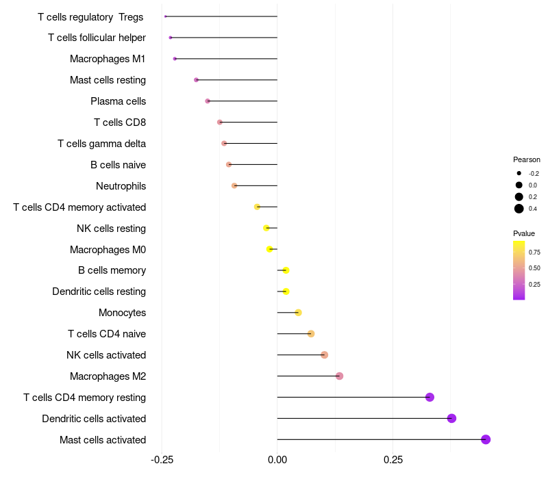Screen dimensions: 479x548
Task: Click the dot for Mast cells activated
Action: click(486, 439)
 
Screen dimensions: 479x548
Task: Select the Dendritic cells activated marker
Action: click(451, 418)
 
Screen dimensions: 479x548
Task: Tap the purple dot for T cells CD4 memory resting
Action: click(429, 397)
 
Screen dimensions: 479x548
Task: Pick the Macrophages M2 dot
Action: click(339, 376)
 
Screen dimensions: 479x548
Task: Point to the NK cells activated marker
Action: click(324, 354)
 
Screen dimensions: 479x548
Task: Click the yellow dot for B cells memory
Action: click(286, 270)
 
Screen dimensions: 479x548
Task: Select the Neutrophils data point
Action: click(234, 185)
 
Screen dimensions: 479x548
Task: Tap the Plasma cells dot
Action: click(208, 101)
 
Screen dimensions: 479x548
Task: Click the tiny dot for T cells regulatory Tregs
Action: click(166, 16)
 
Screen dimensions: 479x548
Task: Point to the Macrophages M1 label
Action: click(108, 59)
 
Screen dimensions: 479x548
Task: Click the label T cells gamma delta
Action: click(101, 144)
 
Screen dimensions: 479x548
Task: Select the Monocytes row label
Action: click(122, 313)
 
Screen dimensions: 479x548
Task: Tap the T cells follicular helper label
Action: click(97, 38)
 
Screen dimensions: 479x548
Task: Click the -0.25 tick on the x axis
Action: click(162, 461)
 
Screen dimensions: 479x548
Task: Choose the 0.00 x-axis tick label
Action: click(277, 461)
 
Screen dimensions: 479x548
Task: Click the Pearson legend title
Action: click(527, 159)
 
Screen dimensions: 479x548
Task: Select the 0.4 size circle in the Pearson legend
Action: click(519, 209)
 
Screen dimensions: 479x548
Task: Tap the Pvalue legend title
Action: click(524, 233)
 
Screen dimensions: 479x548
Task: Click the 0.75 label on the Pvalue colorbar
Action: click(534, 252)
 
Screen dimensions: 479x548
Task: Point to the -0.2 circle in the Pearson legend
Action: click(519, 174)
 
